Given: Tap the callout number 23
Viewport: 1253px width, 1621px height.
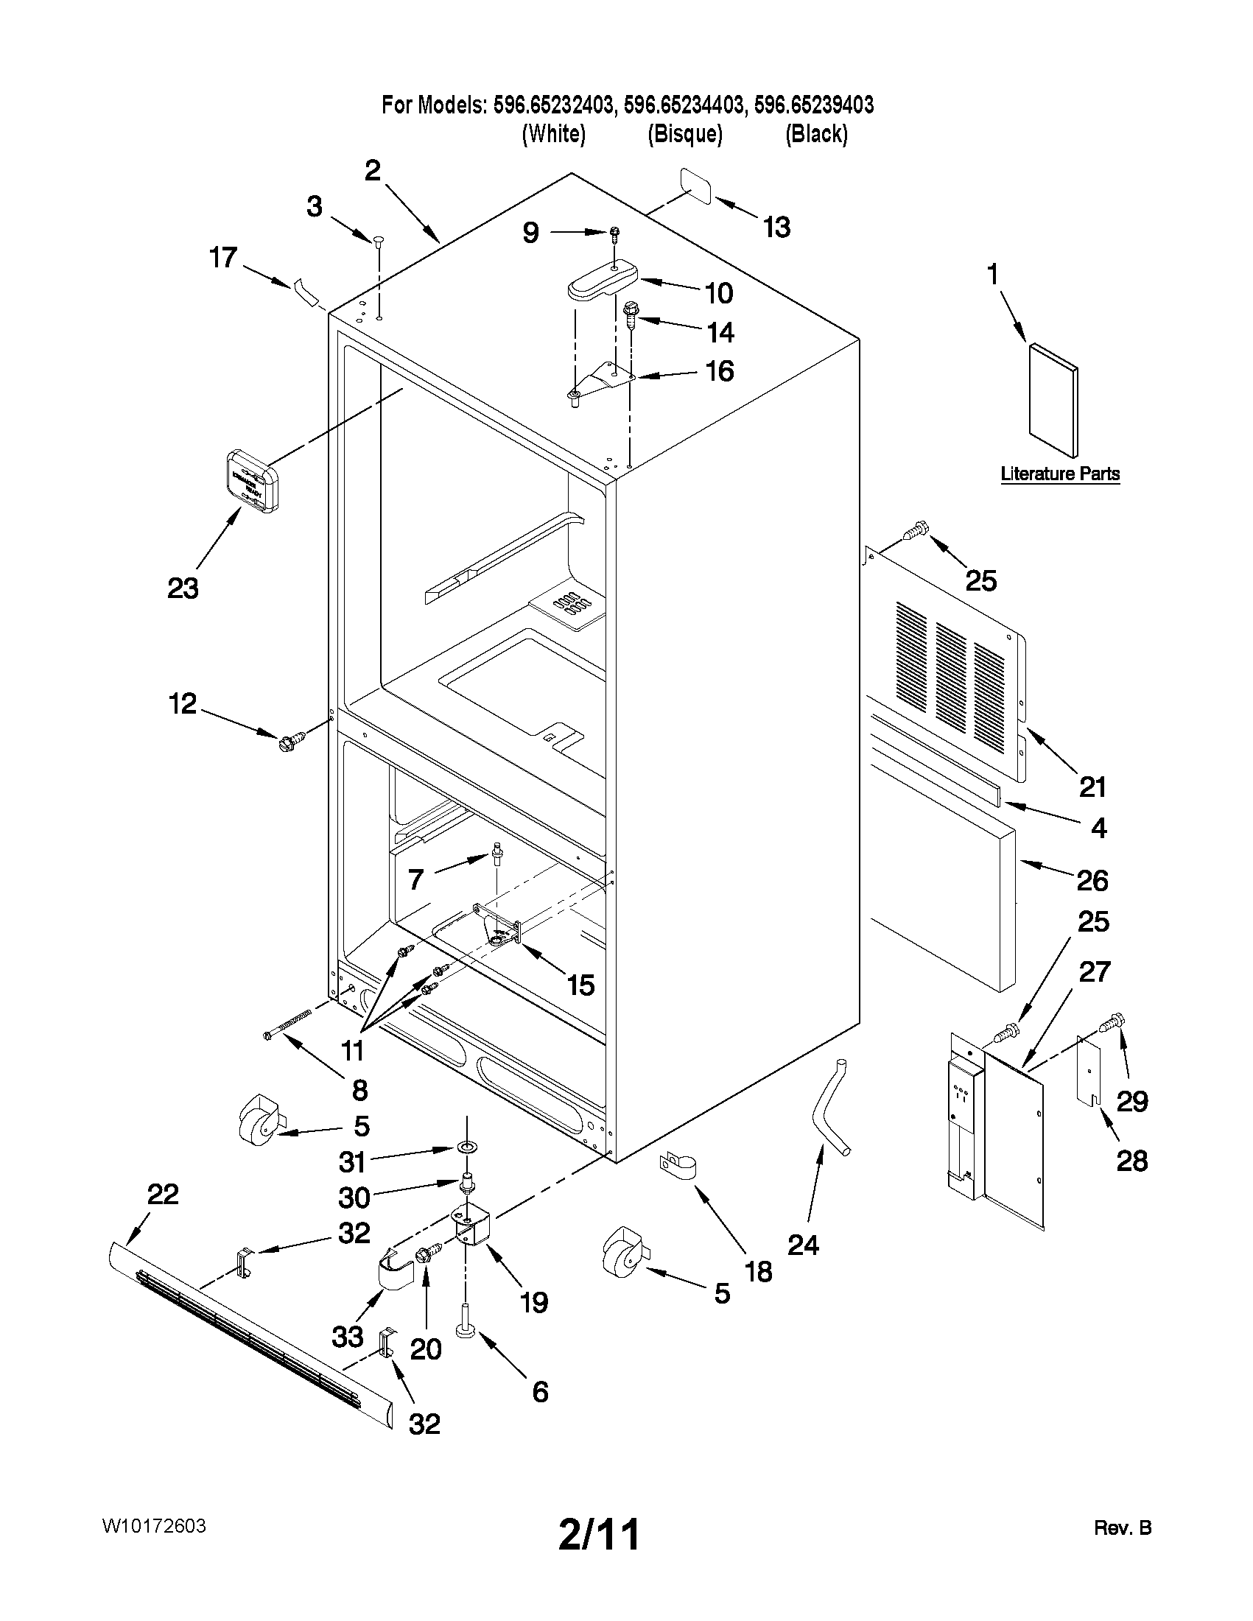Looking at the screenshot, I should (183, 588).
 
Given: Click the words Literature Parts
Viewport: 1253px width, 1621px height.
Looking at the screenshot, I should (1059, 474).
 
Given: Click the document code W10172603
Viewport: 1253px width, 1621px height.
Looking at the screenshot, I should (154, 1526).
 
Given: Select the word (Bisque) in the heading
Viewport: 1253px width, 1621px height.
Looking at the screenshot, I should (684, 134).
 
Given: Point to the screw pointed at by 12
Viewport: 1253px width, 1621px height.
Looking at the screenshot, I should (290, 739).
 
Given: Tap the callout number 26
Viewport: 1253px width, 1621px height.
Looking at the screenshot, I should (1092, 881).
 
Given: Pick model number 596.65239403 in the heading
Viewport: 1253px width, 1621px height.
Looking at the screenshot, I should (813, 105).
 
